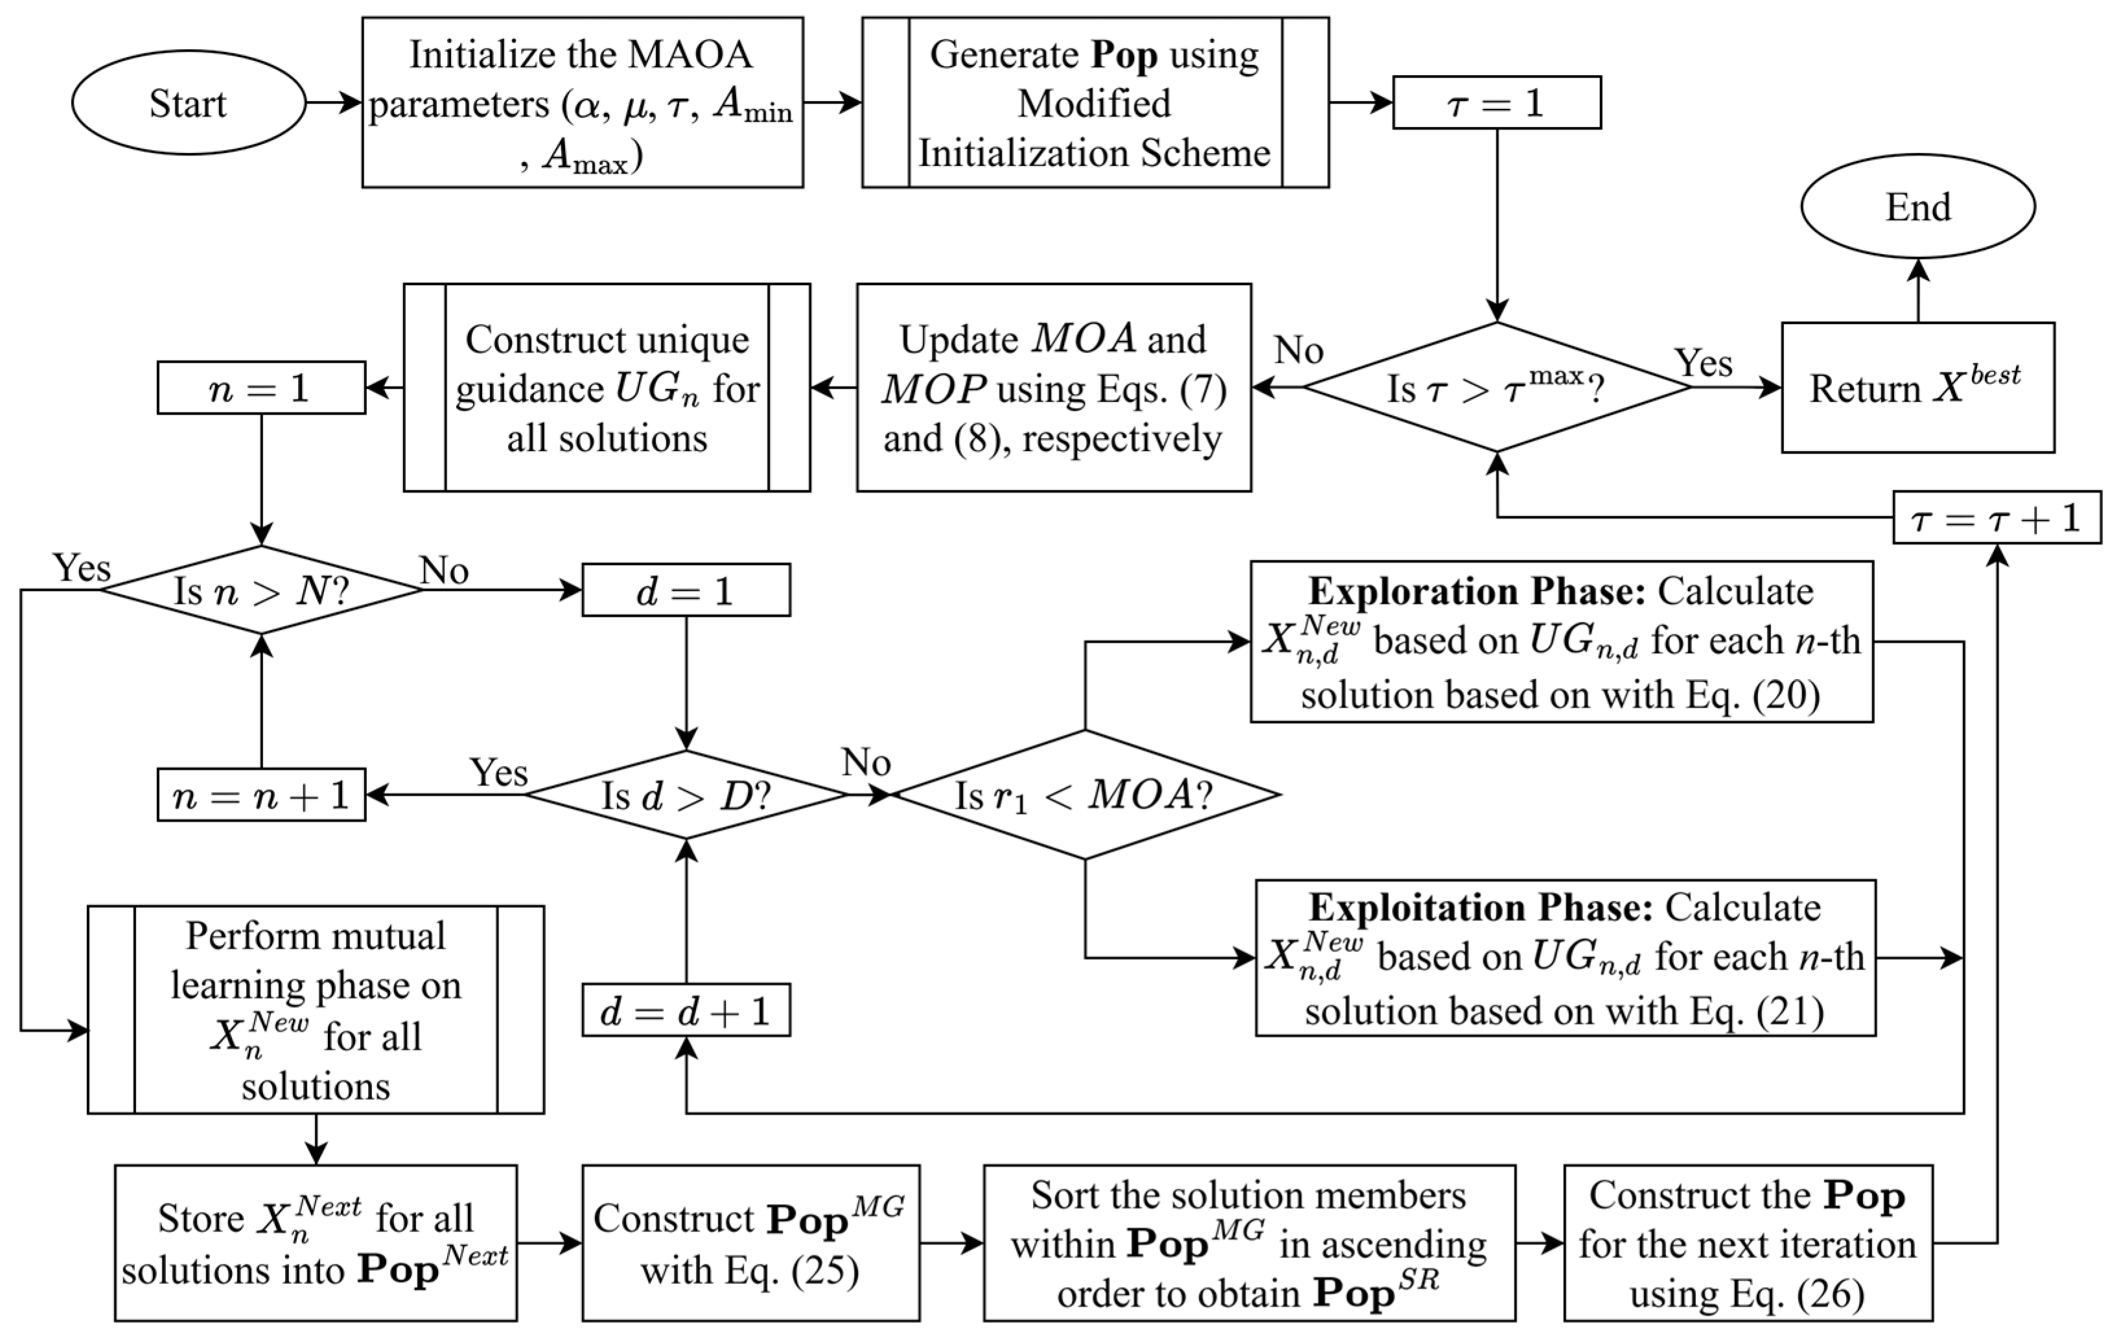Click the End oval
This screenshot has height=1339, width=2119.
pos(1917,207)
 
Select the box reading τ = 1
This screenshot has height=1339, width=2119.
pos(1496,103)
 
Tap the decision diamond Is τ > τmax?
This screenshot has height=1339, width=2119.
pos(1496,388)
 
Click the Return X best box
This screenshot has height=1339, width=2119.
pos(1917,388)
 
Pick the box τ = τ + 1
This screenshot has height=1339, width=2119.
pos(1996,518)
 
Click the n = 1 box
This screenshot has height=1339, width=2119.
pos(261,388)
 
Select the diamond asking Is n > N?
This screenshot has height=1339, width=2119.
pos(261,590)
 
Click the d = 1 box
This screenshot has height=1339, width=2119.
pos(686,590)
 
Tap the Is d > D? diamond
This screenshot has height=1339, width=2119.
pos(686,795)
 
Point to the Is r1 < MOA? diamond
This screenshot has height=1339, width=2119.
pos(1084,795)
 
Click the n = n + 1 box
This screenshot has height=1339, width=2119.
pos(261,796)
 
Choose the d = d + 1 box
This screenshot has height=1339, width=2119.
pos(686,1010)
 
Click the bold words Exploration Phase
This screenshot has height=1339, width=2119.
pos(1477,590)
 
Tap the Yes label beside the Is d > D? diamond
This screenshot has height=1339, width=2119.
pos(499,772)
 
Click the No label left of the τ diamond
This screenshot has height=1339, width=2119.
pos(1298,351)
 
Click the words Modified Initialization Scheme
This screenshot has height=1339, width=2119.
pos(1094,128)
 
